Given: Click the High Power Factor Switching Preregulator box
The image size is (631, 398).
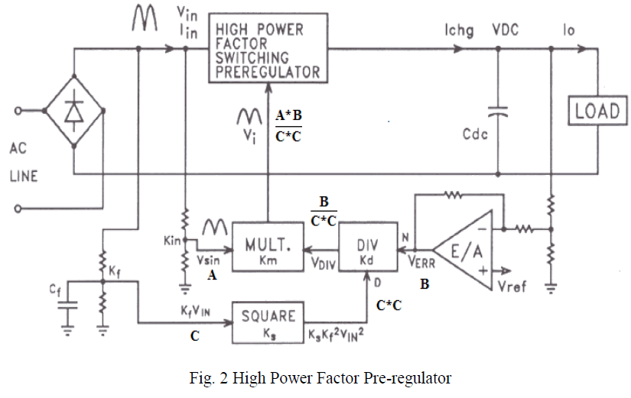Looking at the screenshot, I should (267, 51).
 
